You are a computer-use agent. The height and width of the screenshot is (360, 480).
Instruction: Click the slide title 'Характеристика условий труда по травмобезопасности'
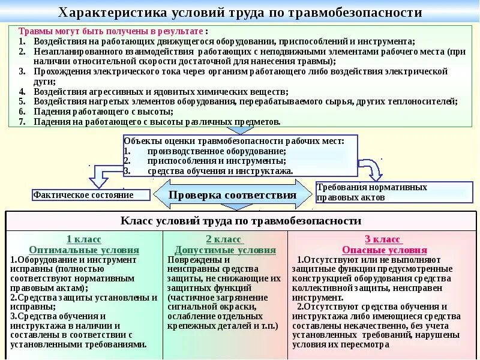click(240, 13)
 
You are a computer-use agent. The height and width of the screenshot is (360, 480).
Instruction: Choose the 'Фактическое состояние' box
click(91, 195)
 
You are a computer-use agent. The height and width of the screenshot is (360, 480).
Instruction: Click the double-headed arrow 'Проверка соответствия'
click(233, 195)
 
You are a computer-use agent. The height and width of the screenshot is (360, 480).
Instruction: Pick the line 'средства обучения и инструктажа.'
click(221, 170)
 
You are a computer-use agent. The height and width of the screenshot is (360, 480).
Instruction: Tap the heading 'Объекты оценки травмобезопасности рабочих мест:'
click(234, 141)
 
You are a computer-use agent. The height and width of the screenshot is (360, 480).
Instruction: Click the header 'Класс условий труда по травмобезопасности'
click(241, 221)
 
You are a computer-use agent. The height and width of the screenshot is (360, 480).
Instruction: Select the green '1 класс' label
click(84, 239)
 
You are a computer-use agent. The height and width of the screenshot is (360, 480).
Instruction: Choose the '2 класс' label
click(225, 239)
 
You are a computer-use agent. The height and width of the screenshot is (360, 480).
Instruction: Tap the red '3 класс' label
click(384, 239)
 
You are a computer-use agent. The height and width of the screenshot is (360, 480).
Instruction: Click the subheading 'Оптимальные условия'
click(84, 250)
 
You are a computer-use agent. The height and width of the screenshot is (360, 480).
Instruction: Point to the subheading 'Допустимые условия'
click(225, 250)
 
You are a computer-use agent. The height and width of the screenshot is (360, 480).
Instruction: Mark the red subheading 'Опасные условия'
click(384, 250)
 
